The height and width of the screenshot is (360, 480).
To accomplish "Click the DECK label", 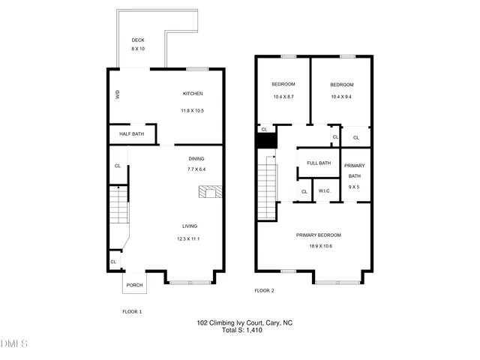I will pyautogui.click(x=138, y=40).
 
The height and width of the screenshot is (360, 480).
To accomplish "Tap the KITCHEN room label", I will pyautogui.click(x=193, y=94).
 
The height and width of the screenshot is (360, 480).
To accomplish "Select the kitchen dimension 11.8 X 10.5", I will pyautogui.click(x=192, y=111).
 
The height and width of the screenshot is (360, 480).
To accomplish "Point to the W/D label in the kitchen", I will pyautogui.click(x=118, y=94).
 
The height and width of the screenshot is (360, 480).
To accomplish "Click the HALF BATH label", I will pyautogui.click(x=131, y=134).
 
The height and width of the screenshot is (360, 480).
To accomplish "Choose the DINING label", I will pyautogui.click(x=196, y=159).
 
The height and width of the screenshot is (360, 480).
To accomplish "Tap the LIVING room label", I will pyautogui.click(x=190, y=226).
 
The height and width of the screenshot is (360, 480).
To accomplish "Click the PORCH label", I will pyautogui.click(x=134, y=285).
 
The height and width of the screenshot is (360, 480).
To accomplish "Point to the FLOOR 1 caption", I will pyautogui.click(x=132, y=311).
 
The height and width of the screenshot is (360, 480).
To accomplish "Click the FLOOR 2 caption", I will pyautogui.click(x=264, y=290).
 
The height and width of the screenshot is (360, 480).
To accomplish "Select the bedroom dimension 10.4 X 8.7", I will pyautogui.click(x=283, y=97).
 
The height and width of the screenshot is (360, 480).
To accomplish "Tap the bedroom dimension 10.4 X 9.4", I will pyautogui.click(x=341, y=97).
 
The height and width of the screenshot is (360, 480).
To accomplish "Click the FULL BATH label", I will pyautogui.click(x=319, y=163).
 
